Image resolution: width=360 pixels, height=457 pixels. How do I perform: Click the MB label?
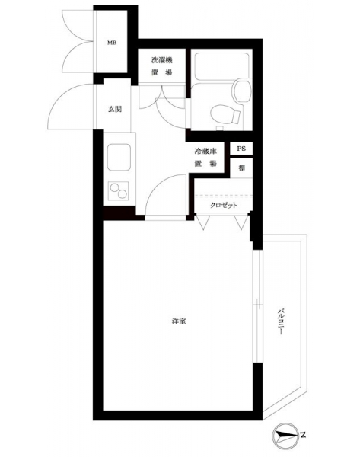coord(112,43)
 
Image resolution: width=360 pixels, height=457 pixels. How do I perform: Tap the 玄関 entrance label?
coord(115,109)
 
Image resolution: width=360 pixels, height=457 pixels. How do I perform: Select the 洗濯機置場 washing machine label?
coord(161,66)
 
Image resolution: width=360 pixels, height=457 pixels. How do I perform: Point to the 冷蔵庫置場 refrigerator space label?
coord(205,158)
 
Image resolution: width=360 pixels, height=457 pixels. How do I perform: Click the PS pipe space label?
coord(241,149)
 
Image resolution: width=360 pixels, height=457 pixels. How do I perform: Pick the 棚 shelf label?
coord(241,168)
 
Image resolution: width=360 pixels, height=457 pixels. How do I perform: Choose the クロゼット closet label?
coord(224,205)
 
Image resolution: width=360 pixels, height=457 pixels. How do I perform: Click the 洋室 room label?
coord(179,321)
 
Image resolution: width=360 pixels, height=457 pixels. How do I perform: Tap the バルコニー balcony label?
coord(280,321)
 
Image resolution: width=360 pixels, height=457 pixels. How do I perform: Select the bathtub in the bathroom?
coord(221,66)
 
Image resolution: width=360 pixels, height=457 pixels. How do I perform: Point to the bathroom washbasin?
coord(242,91)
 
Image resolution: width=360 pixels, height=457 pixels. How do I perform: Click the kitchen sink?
coord(119,157)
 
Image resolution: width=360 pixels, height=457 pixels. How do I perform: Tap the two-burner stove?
coord(118,190)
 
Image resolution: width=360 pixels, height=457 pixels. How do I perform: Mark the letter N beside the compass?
coord(303,435)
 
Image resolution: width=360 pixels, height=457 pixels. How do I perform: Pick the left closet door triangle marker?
coord(203,222)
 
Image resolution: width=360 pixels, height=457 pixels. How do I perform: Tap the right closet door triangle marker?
coord(241,222)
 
